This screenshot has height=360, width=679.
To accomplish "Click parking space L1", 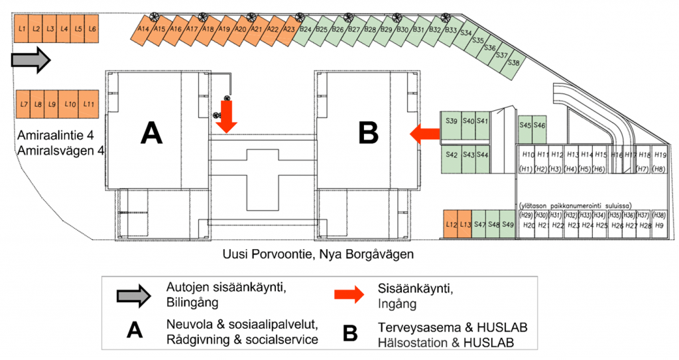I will [x=22, y=29].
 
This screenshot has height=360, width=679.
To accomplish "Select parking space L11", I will [x=90, y=105].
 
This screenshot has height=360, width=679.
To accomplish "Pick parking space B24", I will [x=306, y=30].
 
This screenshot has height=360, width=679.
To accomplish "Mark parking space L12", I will [x=451, y=224].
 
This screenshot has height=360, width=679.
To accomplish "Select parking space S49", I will [x=508, y=224].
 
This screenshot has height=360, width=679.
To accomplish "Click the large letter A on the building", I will [x=151, y=134].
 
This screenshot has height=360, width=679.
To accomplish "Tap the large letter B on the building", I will [x=368, y=134].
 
